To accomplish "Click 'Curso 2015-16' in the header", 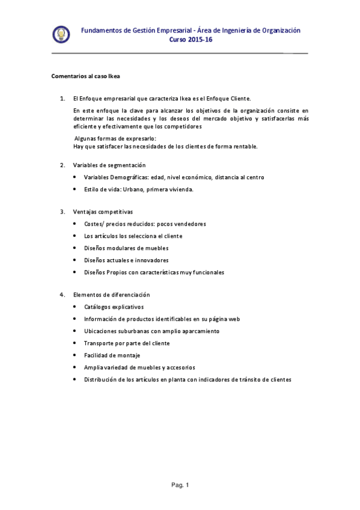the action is click(x=191, y=40).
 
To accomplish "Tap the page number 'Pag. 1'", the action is click(x=180, y=485).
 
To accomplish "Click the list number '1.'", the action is click(x=63, y=98).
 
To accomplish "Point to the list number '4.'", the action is click(x=63, y=295).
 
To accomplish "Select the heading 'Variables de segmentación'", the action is click(x=109, y=165).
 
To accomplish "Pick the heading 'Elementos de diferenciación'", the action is click(x=111, y=295).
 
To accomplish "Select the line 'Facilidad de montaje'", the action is click(x=112, y=355).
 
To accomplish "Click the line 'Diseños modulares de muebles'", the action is click(x=126, y=248).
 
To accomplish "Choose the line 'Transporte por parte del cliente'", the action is click(x=127, y=343).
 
